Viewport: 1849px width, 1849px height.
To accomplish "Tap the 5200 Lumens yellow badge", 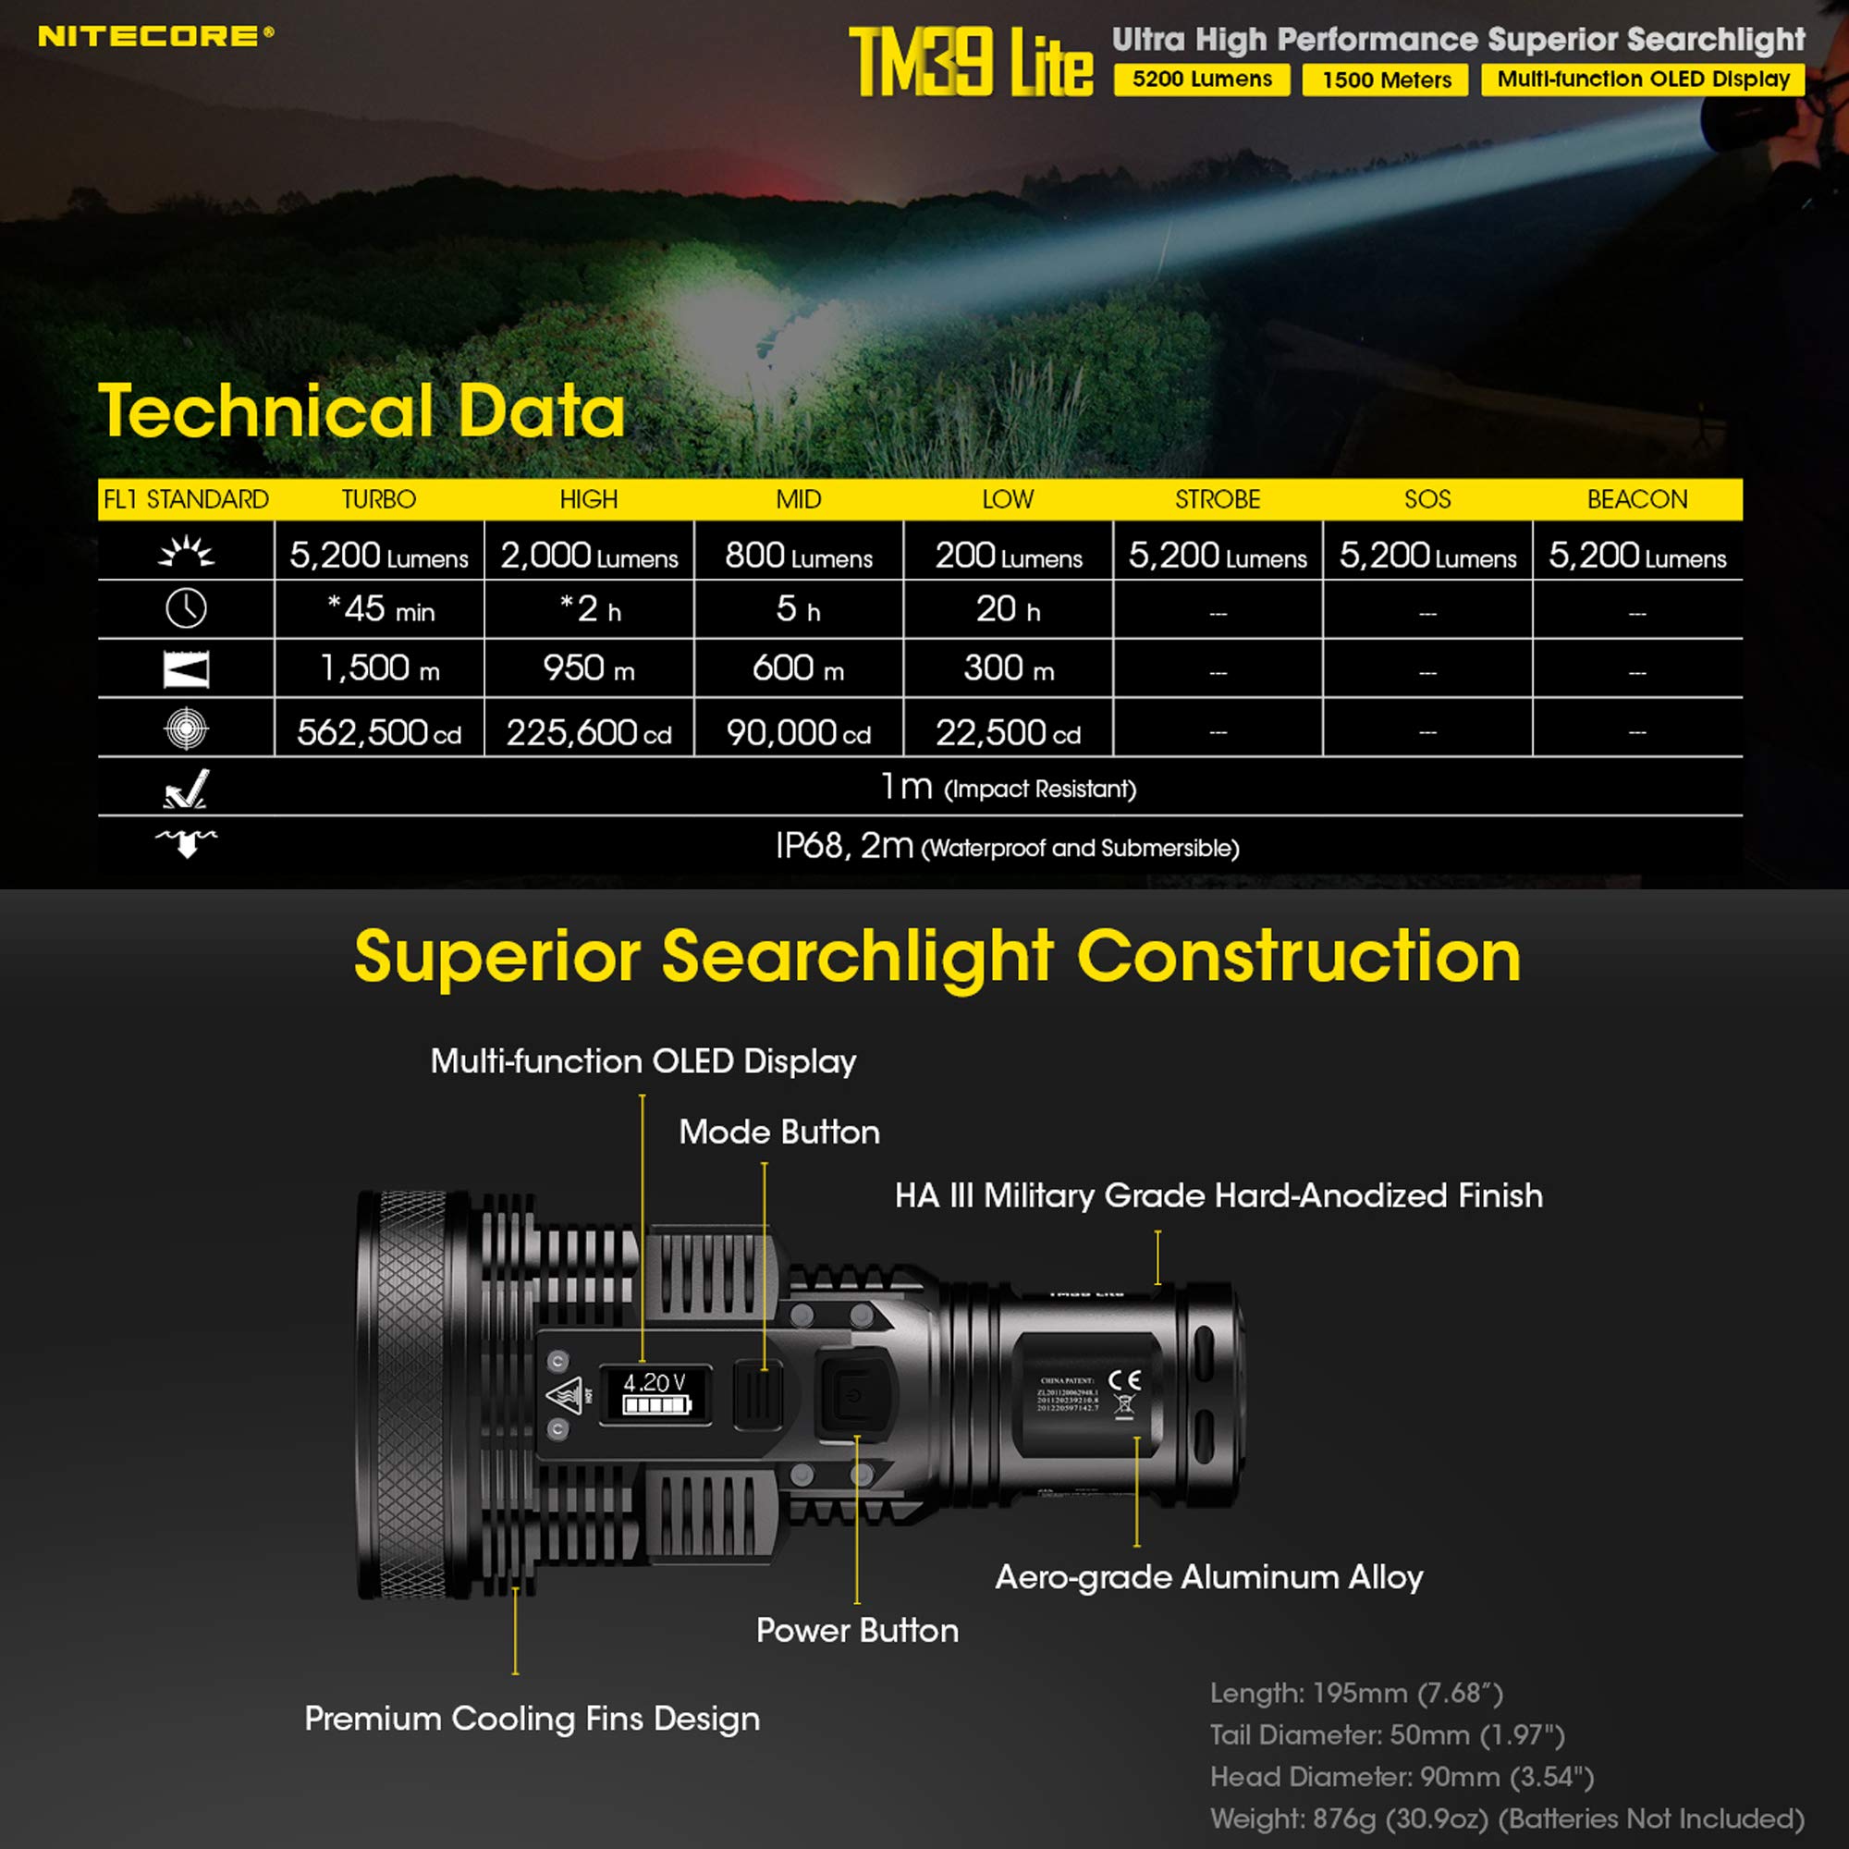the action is [1201, 80].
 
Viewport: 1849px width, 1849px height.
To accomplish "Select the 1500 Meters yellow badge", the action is [1386, 80].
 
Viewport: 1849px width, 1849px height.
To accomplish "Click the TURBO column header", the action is [379, 499].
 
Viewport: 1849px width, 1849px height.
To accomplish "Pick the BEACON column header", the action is [1636, 499].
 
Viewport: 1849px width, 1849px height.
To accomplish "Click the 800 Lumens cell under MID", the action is [798, 556].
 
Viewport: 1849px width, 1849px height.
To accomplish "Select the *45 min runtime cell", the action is [380, 609].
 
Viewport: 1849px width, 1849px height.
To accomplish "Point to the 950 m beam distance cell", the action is [589, 668].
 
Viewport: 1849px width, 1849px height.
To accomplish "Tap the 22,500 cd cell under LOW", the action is [1008, 733].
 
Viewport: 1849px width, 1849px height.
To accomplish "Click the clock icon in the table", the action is [186, 608].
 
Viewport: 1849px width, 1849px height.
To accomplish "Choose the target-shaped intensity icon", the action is [186, 729].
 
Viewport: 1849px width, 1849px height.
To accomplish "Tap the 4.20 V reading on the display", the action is [655, 1383].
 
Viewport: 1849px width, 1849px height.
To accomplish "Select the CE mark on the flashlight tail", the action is [1124, 1380].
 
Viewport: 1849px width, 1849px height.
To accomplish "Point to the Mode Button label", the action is [779, 1133].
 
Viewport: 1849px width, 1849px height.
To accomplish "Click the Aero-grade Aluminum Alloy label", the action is [1208, 1577].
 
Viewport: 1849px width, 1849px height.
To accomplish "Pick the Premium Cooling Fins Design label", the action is [533, 1719].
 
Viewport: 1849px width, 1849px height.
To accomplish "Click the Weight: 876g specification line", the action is [1506, 1818].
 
